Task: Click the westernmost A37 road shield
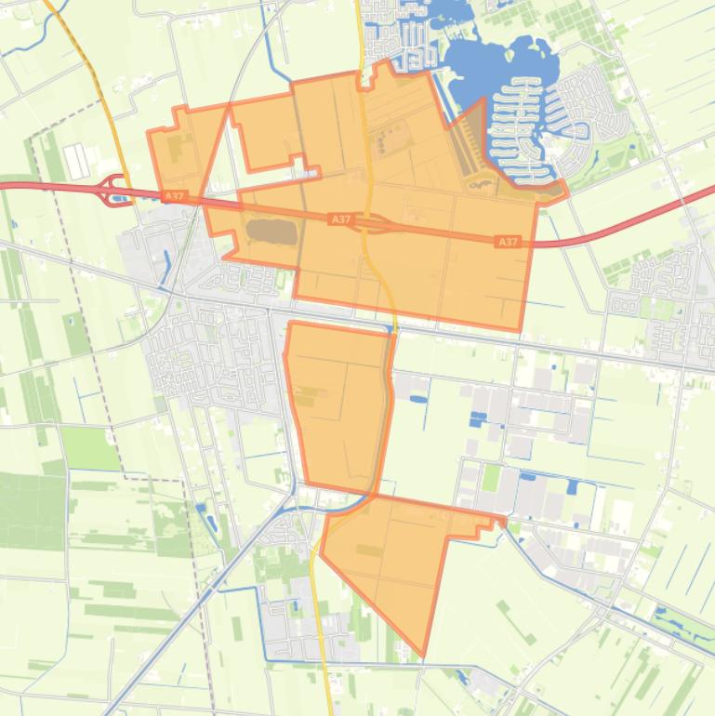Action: tap(173, 196)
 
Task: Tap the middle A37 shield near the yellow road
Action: tap(341, 219)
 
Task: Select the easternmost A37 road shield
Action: tap(507, 242)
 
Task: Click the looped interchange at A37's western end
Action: tap(116, 191)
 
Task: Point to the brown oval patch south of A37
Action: tap(271, 232)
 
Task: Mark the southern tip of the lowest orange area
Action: tap(424, 655)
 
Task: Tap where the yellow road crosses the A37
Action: tap(368, 223)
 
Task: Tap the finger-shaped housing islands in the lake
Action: tap(530, 126)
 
